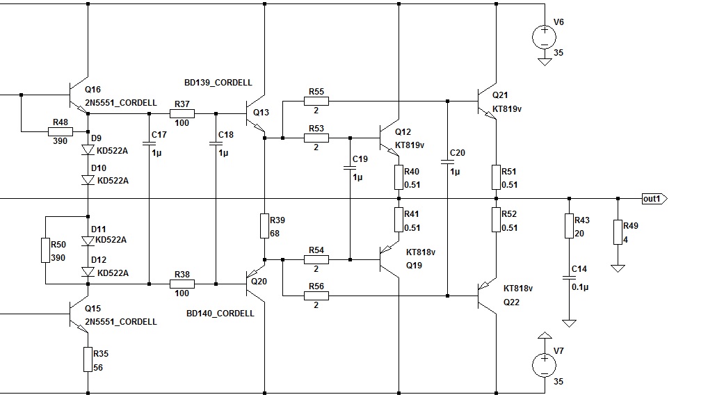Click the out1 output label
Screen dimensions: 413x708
tap(652, 199)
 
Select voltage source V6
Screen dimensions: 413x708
tap(544, 35)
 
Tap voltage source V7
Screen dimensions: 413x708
tap(544, 365)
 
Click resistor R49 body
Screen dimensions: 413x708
tap(617, 233)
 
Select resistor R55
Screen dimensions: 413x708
tap(316, 102)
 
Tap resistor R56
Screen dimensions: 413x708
tap(316, 295)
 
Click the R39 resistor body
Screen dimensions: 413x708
tap(265, 226)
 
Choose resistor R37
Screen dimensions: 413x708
tap(182, 113)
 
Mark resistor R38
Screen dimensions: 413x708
tap(182, 284)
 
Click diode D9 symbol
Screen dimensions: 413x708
tap(88, 149)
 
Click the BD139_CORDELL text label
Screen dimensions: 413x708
tap(218, 81)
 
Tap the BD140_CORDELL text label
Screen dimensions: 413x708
tap(220, 314)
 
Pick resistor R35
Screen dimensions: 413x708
tap(88, 359)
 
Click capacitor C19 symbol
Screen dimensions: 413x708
tap(349, 168)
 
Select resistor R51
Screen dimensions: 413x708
tap(496, 177)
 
